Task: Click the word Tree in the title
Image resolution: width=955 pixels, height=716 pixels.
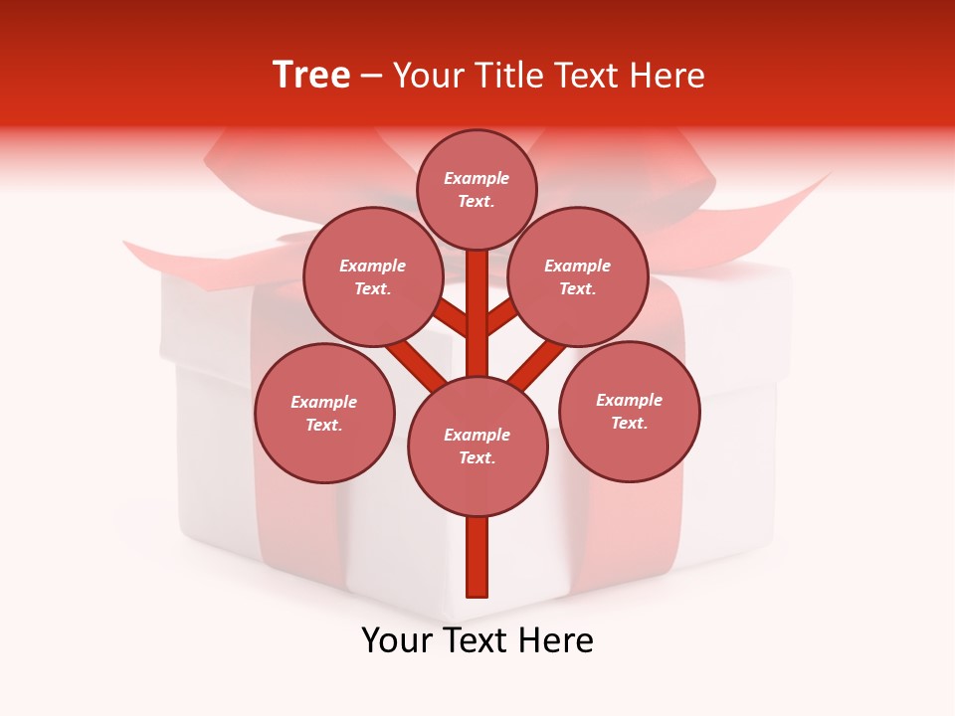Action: [311, 76]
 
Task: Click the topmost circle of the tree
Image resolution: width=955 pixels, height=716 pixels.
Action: [477, 189]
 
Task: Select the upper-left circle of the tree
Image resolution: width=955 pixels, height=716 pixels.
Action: [373, 276]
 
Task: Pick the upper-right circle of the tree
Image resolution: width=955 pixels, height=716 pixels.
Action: [578, 276]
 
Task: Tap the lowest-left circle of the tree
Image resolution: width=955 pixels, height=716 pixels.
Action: [324, 413]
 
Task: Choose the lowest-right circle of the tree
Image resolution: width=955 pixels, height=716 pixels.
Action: [630, 411]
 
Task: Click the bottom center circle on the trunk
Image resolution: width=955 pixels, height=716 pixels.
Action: [477, 446]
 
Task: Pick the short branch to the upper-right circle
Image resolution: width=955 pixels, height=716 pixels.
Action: [501, 316]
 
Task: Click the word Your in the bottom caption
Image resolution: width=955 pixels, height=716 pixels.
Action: [398, 640]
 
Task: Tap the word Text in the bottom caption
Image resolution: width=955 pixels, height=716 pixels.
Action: [478, 640]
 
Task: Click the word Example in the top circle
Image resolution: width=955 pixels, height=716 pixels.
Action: [477, 178]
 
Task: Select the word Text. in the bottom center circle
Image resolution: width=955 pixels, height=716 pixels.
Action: [477, 457]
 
